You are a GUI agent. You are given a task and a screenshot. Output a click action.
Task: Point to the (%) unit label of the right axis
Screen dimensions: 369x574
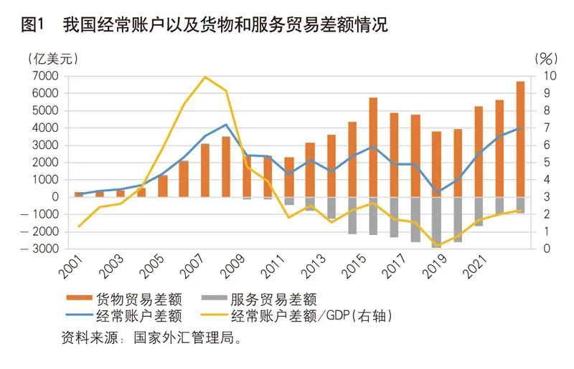point(545,58)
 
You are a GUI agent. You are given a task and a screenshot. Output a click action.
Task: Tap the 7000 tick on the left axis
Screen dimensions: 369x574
point(44,76)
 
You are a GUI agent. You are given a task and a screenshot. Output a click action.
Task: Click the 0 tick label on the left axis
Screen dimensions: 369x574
point(54,197)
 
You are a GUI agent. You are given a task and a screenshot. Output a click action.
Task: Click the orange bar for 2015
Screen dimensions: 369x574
point(373,147)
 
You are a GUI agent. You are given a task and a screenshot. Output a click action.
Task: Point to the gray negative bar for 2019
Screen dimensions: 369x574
point(436,222)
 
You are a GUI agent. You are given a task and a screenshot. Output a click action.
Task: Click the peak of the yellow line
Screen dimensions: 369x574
point(206,77)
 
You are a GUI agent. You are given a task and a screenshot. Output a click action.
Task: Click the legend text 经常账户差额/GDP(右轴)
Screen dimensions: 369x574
point(323,315)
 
